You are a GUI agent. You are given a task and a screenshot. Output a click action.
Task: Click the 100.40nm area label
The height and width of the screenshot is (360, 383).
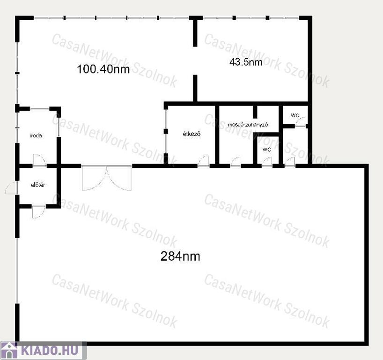(103, 69)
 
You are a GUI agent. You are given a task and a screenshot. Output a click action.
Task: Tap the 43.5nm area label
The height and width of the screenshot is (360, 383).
(246, 62)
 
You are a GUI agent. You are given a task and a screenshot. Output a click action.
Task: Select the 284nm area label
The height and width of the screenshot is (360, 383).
(180, 256)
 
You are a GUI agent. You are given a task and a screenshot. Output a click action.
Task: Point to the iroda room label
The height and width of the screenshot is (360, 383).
(36, 135)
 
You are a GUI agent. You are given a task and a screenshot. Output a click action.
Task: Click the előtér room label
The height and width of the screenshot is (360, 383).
(38, 185)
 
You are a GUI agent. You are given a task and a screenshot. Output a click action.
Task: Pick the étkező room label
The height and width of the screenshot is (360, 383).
(192, 134)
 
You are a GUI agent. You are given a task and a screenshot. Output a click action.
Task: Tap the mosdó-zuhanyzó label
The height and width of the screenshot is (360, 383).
(248, 125)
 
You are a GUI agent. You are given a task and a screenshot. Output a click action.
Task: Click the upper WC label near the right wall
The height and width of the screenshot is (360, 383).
(295, 115)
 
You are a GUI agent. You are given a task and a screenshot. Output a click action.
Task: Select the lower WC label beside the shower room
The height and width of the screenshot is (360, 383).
(267, 150)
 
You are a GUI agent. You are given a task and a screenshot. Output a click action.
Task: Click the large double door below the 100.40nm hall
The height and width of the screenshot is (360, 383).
(107, 178)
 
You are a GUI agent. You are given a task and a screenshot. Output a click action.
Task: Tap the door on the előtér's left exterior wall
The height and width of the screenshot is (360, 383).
(11, 188)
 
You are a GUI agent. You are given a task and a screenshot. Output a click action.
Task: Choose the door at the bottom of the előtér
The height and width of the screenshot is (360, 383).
(38, 212)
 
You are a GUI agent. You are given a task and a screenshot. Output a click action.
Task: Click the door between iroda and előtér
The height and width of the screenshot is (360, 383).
(40, 160)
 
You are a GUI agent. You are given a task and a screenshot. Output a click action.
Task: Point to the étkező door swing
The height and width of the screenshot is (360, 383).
(204, 161)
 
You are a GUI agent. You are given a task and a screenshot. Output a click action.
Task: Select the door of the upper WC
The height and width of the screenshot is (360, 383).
(301, 121)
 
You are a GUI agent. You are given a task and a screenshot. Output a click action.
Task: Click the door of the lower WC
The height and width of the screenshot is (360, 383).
(267, 162)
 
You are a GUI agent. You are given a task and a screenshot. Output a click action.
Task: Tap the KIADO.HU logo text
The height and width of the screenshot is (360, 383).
(50, 350)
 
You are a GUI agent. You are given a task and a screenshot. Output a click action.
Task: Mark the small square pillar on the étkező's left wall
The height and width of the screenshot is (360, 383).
(166, 132)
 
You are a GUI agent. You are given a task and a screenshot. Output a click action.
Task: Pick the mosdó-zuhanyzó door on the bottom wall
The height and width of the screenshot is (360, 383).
(236, 162)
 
